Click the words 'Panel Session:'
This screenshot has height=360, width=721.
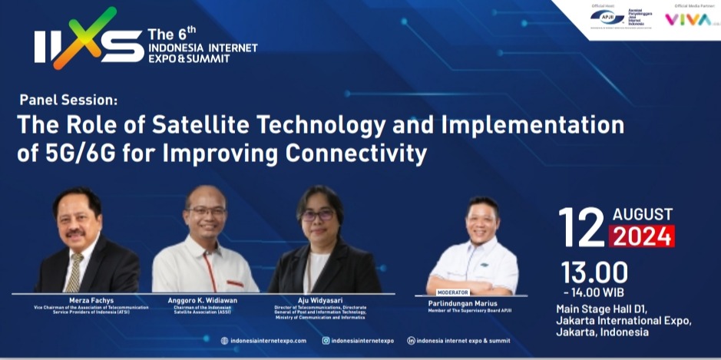click(69, 100)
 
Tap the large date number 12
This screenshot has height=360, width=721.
click(582, 227)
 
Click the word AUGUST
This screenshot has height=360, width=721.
click(642, 215)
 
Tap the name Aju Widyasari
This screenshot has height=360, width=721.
click(326, 299)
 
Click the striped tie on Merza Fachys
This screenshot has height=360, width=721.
click(74, 272)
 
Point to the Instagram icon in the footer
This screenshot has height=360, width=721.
click(326, 340)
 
